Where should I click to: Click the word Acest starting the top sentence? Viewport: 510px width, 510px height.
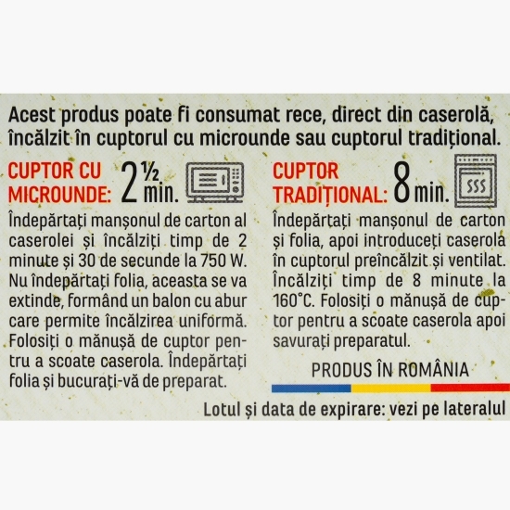(x=32, y=114)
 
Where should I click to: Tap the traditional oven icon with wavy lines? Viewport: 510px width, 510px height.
(x=475, y=181)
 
